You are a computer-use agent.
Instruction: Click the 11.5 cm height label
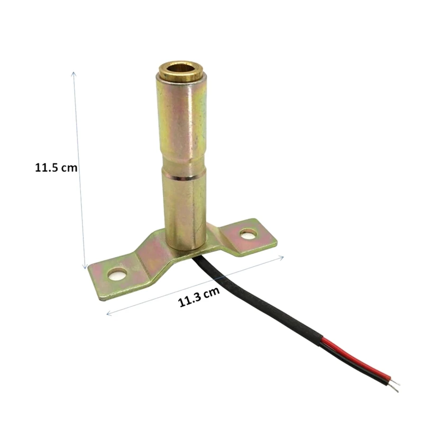point(56,168)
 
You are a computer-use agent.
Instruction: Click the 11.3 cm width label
point(199,297)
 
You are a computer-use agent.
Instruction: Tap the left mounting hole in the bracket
point(117,274)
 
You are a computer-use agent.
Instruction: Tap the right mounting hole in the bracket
point(248,234)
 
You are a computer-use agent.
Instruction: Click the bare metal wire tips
point(394,385)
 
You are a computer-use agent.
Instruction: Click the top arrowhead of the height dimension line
point(73,74)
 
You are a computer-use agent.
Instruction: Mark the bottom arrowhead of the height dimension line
point(85,266)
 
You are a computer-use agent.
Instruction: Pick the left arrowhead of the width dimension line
point(109,313)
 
